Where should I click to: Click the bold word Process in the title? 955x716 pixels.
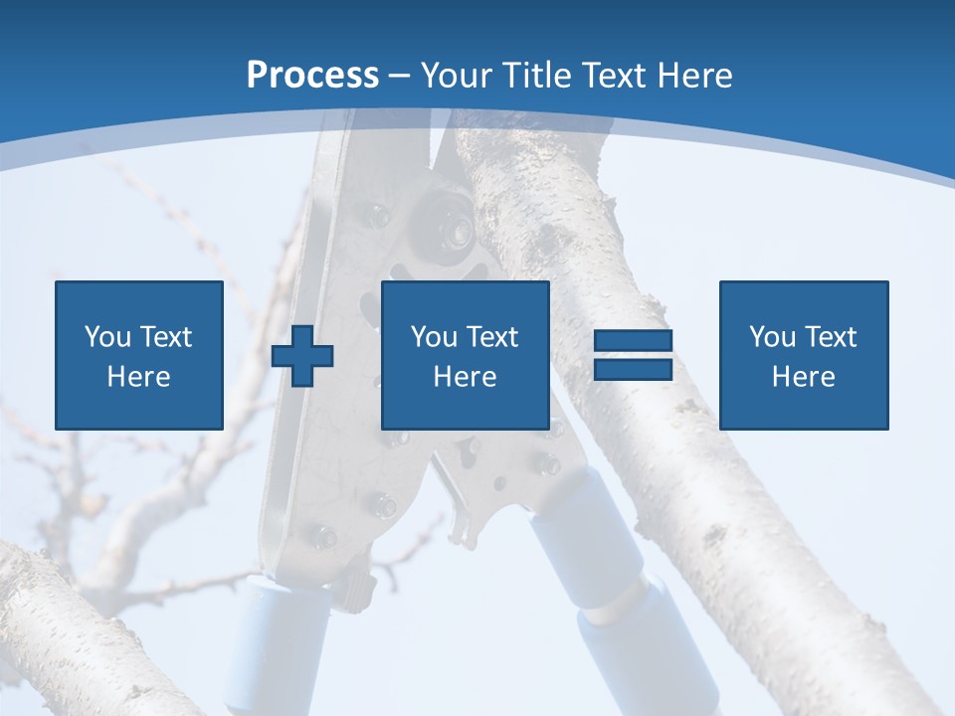pyautogui.click(x=312, y=75)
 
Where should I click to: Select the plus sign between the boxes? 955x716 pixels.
pyautogui.click(x=302, y=357)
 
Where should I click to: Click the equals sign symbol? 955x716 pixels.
pyautogui.click(x=633, y=355)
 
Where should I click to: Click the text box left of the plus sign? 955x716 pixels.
pyautogui.click(x=139, y=355)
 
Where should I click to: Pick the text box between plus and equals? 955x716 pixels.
pyautogui.click(x=465, y=355)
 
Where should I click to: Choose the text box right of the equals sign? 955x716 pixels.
pyautogui.click(x=804, y=355)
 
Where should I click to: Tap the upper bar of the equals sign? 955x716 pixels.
pyautogui.click(x=633, y=341)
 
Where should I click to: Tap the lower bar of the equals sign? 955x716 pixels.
pyautogui.click(x=633, y=369)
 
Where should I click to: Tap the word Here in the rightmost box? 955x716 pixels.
pyautogui.click(x=804, y=377)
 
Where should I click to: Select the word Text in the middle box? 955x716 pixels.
pyautogui.click(x=492, y=337)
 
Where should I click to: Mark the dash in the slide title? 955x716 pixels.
pyautogui.click(x=400, y=75)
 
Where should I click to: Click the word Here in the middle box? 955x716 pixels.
pyautogui.click(x=465, y=377)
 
